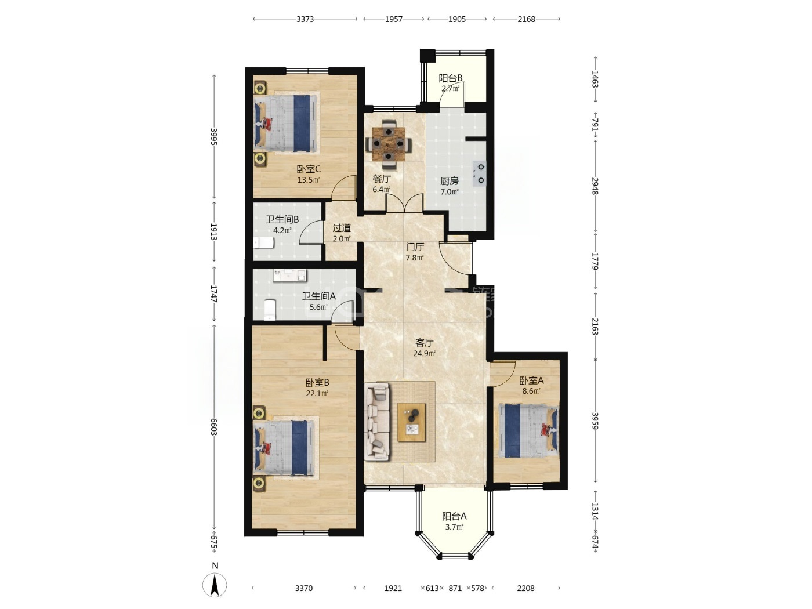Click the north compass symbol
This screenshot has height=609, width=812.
tap(215, 585)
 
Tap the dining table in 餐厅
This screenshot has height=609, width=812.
tap(388, 143)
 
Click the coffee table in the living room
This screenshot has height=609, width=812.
tap(411, 422)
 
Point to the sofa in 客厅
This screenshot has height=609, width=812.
tap(377, 422)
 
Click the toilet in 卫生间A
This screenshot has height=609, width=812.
tap(270, 310)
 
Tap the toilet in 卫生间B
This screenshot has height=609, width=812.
tap(263, 243)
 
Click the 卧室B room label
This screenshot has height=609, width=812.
tap(317, 382)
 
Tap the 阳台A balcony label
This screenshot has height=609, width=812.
tap(455, 516)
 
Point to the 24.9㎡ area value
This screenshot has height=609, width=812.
tap(424, 353)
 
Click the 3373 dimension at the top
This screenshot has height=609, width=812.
tap(305, 19)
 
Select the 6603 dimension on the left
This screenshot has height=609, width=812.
tap(213, 427)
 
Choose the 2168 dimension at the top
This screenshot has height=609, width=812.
tap(527, 19)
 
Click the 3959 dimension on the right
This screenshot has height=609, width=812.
tap(595, 421)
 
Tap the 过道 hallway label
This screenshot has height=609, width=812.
tap(342, 228)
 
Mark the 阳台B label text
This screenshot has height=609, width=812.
tap(451, 78)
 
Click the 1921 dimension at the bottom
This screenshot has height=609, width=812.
tap(393, 588)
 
